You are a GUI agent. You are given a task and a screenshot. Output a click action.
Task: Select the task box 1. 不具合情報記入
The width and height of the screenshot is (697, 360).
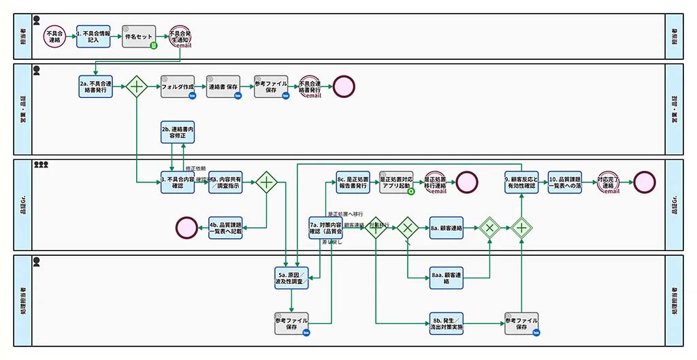(93, 37)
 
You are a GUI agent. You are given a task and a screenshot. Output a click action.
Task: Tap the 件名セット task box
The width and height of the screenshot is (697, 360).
(140, 37)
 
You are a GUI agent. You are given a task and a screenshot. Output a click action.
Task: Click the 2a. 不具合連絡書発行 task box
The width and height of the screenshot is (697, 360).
(93, 86)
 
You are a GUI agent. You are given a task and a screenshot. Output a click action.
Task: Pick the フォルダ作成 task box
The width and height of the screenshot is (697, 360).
(178, 86)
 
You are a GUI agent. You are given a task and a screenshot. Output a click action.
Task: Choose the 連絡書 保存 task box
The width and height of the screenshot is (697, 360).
(223, 86)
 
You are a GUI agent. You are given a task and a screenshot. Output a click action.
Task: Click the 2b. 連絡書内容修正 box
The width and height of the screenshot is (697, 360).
(178, 132)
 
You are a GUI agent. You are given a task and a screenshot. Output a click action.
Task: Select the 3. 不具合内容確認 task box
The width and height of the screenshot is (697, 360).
(178, 182)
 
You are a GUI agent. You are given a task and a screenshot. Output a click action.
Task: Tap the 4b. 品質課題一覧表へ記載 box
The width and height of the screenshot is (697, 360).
(225, 227)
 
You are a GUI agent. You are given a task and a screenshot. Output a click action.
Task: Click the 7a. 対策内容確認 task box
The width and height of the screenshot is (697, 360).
(325, 228)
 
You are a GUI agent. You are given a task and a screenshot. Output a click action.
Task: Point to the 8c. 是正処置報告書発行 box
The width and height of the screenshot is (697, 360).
(353, 182)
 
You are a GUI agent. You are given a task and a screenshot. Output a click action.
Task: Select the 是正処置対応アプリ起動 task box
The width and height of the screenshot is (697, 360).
(396, 182)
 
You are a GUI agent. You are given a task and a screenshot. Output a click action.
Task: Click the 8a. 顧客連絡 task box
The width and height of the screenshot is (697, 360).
(447, 228)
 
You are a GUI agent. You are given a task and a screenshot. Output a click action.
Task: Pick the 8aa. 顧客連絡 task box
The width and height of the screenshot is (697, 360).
(447, 278)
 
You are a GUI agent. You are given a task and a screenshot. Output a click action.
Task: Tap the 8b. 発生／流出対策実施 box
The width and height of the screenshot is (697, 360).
(447, 323)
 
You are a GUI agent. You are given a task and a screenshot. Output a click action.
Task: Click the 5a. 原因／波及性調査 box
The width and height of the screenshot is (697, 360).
(291, 278)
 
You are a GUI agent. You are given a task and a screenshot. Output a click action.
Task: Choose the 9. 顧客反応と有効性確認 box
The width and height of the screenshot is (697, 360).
(521, 182)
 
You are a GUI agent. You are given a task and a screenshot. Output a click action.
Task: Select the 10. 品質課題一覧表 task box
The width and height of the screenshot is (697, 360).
(565, 182)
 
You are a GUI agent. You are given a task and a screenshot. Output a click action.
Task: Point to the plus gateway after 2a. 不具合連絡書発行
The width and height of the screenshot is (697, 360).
(137, 86)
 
